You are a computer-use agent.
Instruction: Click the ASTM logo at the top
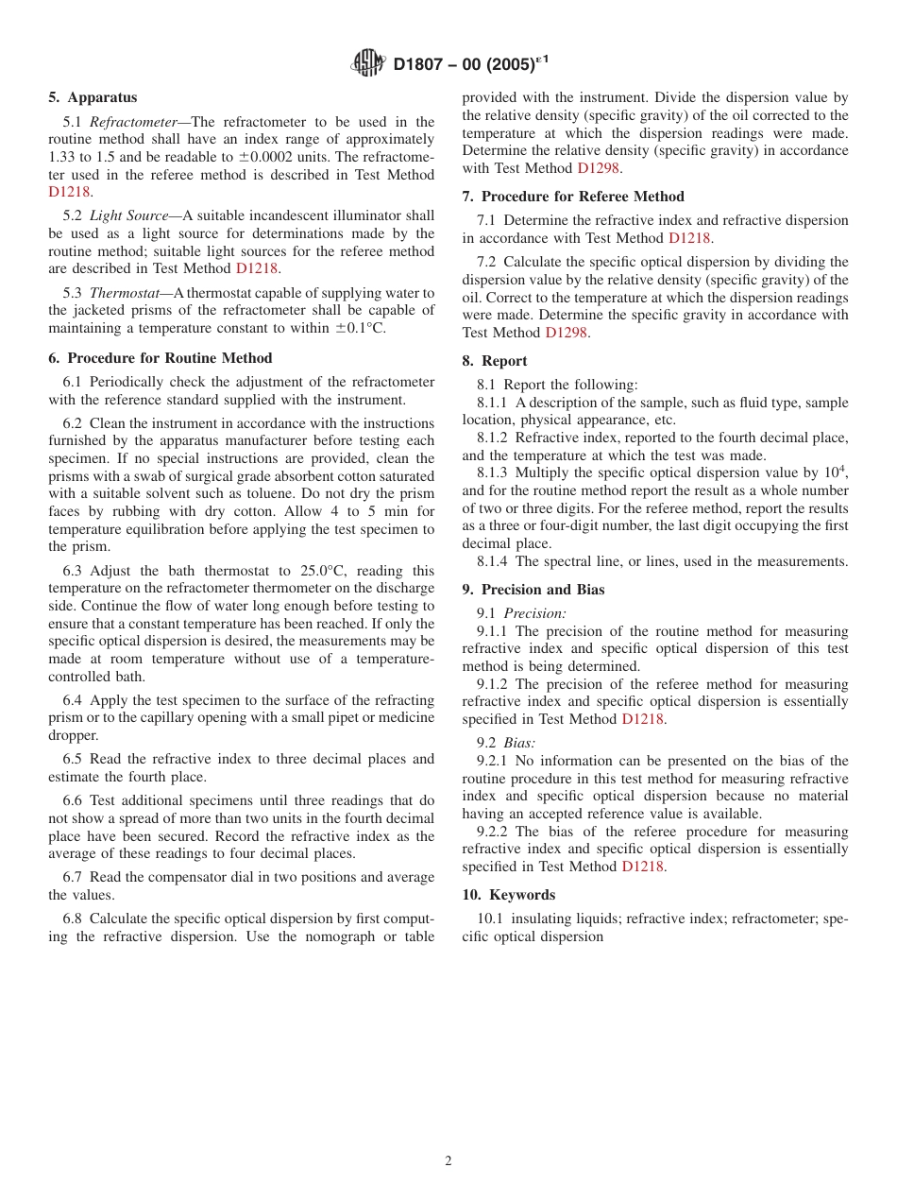(367, 63)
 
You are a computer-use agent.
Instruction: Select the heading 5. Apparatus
(93, 97)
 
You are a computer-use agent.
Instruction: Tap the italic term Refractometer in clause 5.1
(133, 122)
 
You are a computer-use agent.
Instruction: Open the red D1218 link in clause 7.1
(689, 238)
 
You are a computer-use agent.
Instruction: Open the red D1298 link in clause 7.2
(567, 333)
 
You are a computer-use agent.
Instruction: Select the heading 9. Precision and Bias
(533, 590)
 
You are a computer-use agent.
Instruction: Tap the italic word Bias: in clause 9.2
(519, 744)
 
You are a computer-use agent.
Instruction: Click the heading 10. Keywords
(509, 895)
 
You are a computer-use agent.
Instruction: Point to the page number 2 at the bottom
(448, 1161)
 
